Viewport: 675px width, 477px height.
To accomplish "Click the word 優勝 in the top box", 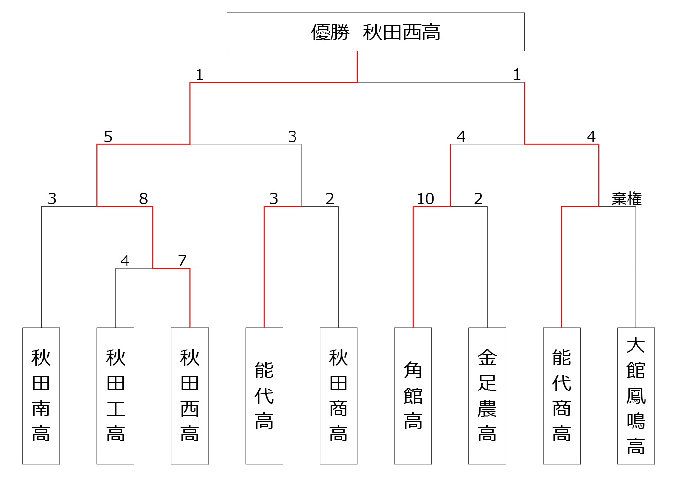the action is pyautogui.click(x=330, y=32).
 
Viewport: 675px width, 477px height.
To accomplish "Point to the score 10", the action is pyautogui.click(x=425, y=199).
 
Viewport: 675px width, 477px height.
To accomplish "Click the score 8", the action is pyautogui.click(x=143, y=199).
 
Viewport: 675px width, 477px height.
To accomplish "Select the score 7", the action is pyautogui.click(x=182, y=260).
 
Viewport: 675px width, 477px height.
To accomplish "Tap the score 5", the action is pyautogui.click(x=108, y=137).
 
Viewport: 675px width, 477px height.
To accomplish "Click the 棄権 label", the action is pyautogui.click(x=627, y=199).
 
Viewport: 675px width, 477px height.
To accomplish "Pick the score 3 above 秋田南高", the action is pyautogui.click(x=52, y=199).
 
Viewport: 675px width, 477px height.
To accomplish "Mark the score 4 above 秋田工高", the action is pyautogui.click(x=125, y=260).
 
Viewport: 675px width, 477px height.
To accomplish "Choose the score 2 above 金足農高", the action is pyautogui.click(x=478, y=199).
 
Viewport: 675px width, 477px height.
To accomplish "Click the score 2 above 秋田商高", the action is pyautogui.click(x=330, y=199).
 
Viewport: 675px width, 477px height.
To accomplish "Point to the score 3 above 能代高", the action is pyautogui.click(x=274, y=199).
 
